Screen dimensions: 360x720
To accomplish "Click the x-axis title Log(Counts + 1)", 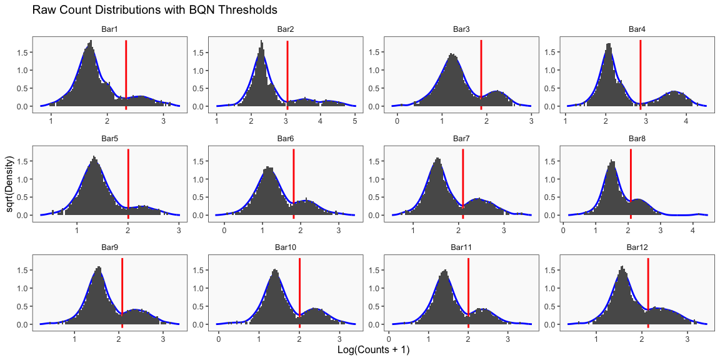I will pos(373,350).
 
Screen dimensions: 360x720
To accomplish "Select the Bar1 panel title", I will pos(109,29).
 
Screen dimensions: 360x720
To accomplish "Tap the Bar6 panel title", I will pos(286,138).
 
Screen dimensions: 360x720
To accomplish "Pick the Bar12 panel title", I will pos(637,247).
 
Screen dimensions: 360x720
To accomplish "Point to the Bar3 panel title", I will pos(461,29).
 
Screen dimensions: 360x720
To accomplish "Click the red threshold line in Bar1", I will pos(126,75).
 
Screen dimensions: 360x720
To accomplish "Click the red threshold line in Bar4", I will pos(641,75).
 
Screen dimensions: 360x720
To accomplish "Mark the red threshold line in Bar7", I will pos(463,184).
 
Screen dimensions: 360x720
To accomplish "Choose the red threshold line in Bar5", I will pos(128,184).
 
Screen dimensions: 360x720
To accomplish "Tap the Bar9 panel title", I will pos(109,247).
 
